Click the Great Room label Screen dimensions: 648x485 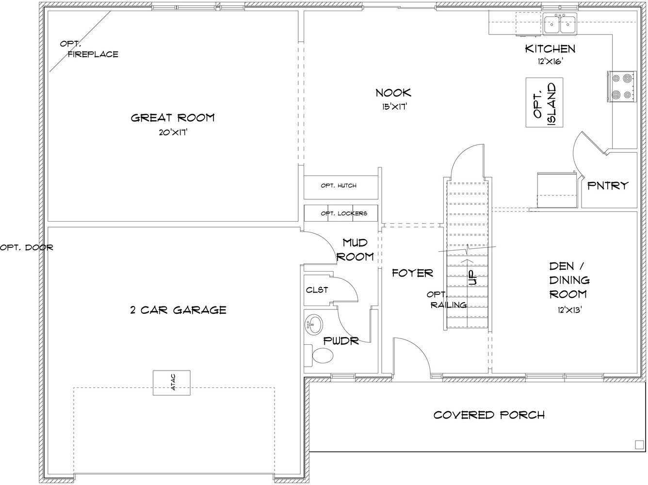coord(173,118)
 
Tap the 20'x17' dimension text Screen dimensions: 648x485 coord(173,132)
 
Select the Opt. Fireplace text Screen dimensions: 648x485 coord(89,49)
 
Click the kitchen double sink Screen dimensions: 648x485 coord(560,24)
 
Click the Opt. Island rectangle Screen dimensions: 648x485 coord(544,102)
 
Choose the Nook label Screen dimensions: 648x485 coord(393,93)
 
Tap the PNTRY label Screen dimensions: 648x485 coord(608,186)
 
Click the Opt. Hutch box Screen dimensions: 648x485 coord(341,187)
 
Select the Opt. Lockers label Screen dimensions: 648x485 coord(344,213)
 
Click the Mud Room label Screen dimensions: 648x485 coord(355,250)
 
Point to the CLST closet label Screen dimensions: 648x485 coord(317,290)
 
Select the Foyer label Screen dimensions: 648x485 coord(413,273)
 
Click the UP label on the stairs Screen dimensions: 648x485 coord(472,277)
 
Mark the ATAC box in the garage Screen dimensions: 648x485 coord(172,383)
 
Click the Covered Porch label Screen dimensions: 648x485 coord(489,415)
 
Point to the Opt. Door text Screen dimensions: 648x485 coord(27,247)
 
